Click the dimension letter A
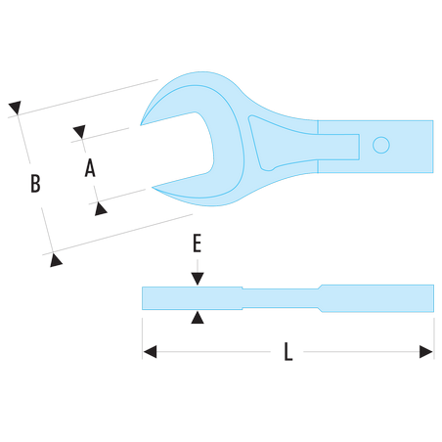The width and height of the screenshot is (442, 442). click(90, 168)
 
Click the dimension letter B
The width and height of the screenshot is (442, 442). click(35, 183)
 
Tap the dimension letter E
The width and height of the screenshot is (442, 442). click(197, 243)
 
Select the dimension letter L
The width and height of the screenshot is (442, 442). click(287, 351)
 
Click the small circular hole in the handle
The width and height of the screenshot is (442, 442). click(381, 145)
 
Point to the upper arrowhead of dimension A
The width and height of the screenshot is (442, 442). click(79, 131)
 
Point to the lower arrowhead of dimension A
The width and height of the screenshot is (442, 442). click(101, 209)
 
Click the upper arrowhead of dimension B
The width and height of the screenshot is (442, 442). click(15, 108)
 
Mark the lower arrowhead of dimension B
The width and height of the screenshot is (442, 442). click(56, 260)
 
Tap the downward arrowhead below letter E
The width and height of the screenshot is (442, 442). click(198, 279)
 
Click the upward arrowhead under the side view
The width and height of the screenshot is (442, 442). click(198, 317)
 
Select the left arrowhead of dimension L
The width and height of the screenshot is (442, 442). click(150, 352)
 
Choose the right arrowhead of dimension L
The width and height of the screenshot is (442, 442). click(426, 352)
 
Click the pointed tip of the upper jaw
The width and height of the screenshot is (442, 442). click(141, 125)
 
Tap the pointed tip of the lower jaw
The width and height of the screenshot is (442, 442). click(153, 188)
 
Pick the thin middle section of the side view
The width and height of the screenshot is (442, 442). click(281, 298)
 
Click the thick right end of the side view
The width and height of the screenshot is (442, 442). click(377, 298)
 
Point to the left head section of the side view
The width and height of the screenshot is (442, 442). click(192, 298)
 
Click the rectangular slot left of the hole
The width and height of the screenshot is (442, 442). click(338, 147)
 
